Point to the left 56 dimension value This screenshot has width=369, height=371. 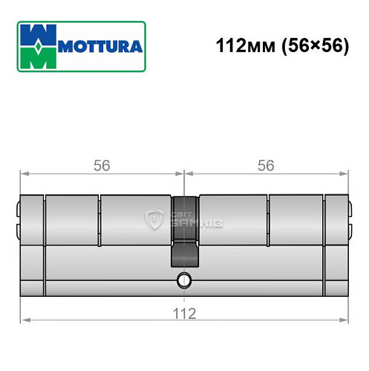point(102,165)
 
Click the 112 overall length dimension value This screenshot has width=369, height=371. point(184,312)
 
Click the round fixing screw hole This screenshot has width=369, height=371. point(183,281)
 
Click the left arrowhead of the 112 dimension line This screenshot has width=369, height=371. point(24,321)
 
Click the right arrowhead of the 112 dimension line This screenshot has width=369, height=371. point(345,321)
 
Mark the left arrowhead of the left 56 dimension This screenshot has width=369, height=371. point(24,175)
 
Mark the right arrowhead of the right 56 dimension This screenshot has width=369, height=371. point(345,175)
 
